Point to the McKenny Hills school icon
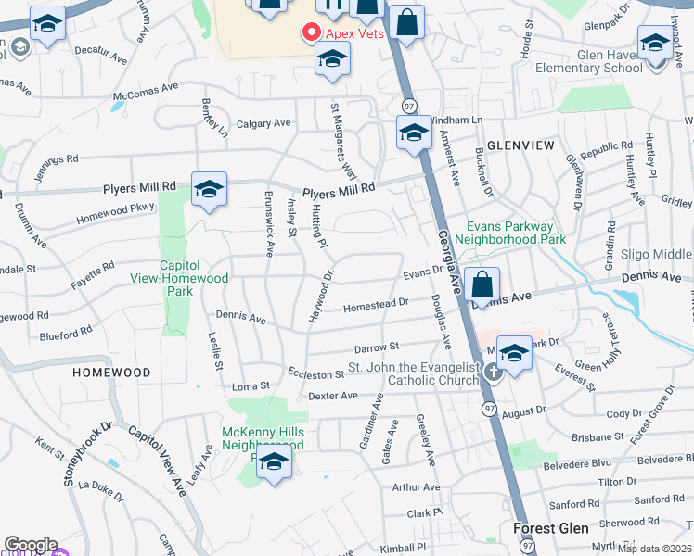point(274,462)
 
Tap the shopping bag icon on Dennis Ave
point(482,284)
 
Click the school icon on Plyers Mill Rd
point(210,190)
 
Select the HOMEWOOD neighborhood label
point(111,373)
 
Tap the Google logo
point(30,545)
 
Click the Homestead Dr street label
point(376,304)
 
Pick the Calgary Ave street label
point(263,123)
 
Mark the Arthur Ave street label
point(416,487)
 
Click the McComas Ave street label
point(145,91)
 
